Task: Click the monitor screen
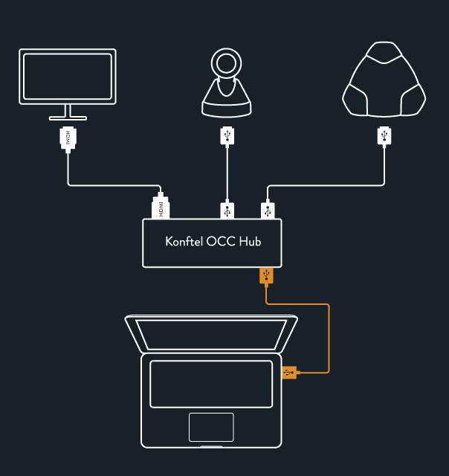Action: tap(68, 75)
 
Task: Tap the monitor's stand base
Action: tap(68, 118)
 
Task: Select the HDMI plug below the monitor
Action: tap(68, 138)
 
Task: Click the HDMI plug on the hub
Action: tap(161, 208)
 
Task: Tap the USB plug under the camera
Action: tap(227, 136)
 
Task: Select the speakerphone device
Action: tap(384, 83)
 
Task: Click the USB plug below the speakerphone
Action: tap(384, 135)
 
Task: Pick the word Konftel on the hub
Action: tap(183, 242)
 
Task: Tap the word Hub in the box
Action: tap(251, 242)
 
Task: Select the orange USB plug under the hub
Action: tap(267, 276)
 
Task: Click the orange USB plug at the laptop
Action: tap(289, 372)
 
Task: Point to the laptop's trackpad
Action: tap(210, 427)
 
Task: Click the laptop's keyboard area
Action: tap(211, 384)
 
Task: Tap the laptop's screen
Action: tap(211, 334)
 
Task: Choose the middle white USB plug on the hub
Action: tap(227, 210)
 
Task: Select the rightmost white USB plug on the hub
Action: tap(267, 210)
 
